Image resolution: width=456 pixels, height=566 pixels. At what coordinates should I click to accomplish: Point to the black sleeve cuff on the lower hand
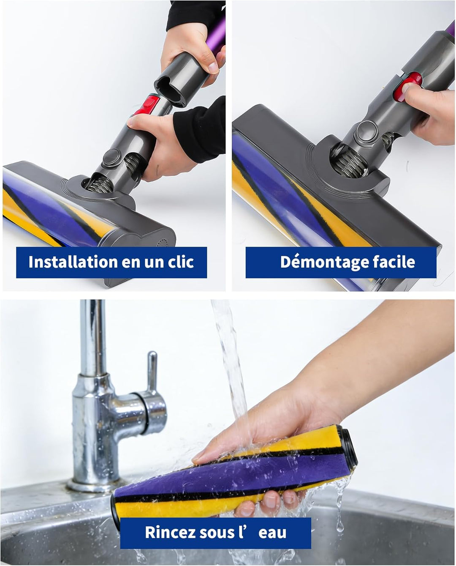(198, 131)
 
